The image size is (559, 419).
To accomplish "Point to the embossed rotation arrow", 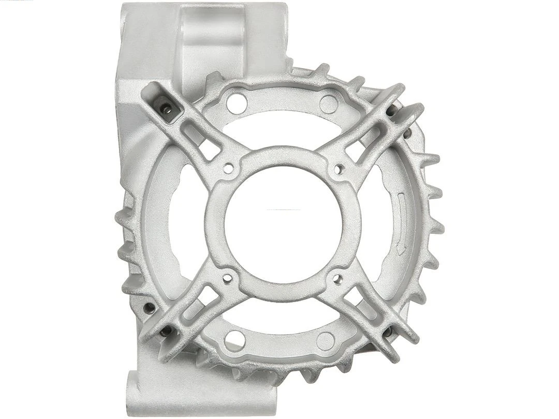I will [x=402, y=222].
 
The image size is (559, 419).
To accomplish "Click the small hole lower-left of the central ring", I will [x=227, y=279].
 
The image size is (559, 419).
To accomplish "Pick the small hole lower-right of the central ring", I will [x=338, y=279].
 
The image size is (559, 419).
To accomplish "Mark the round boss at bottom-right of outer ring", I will [x=325, y=341].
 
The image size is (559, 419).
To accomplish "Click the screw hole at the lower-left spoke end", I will [x=166, y=331].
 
